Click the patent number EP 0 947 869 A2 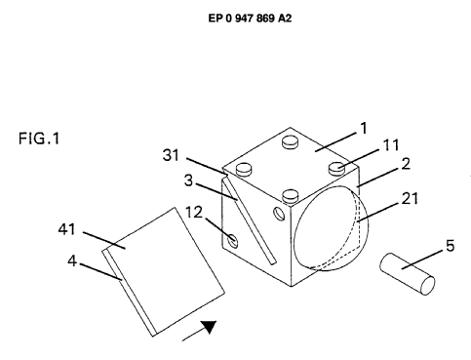(x=250, y=19)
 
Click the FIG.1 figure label (x=39, y=139)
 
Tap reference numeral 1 (x=364, y=128)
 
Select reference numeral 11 (x=391, y=145)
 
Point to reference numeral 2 (x=406, y=164)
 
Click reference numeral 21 (x=410, y=198)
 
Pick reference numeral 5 (x=451, y=246)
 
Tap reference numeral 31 (x=171, y=155)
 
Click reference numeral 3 (x=188, y=180)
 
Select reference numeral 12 (x=194, y=213)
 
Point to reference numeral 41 (x=67, y=229)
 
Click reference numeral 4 (x=72, y=260)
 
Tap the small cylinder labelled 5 (x=408, y=274)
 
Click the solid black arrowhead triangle (x=209, y=327)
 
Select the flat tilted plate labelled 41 (x=164, y=272)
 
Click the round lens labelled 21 (x=331, y=228)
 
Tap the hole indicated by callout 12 (x=233, y=240)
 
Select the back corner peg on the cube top (x=291, y=141)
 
